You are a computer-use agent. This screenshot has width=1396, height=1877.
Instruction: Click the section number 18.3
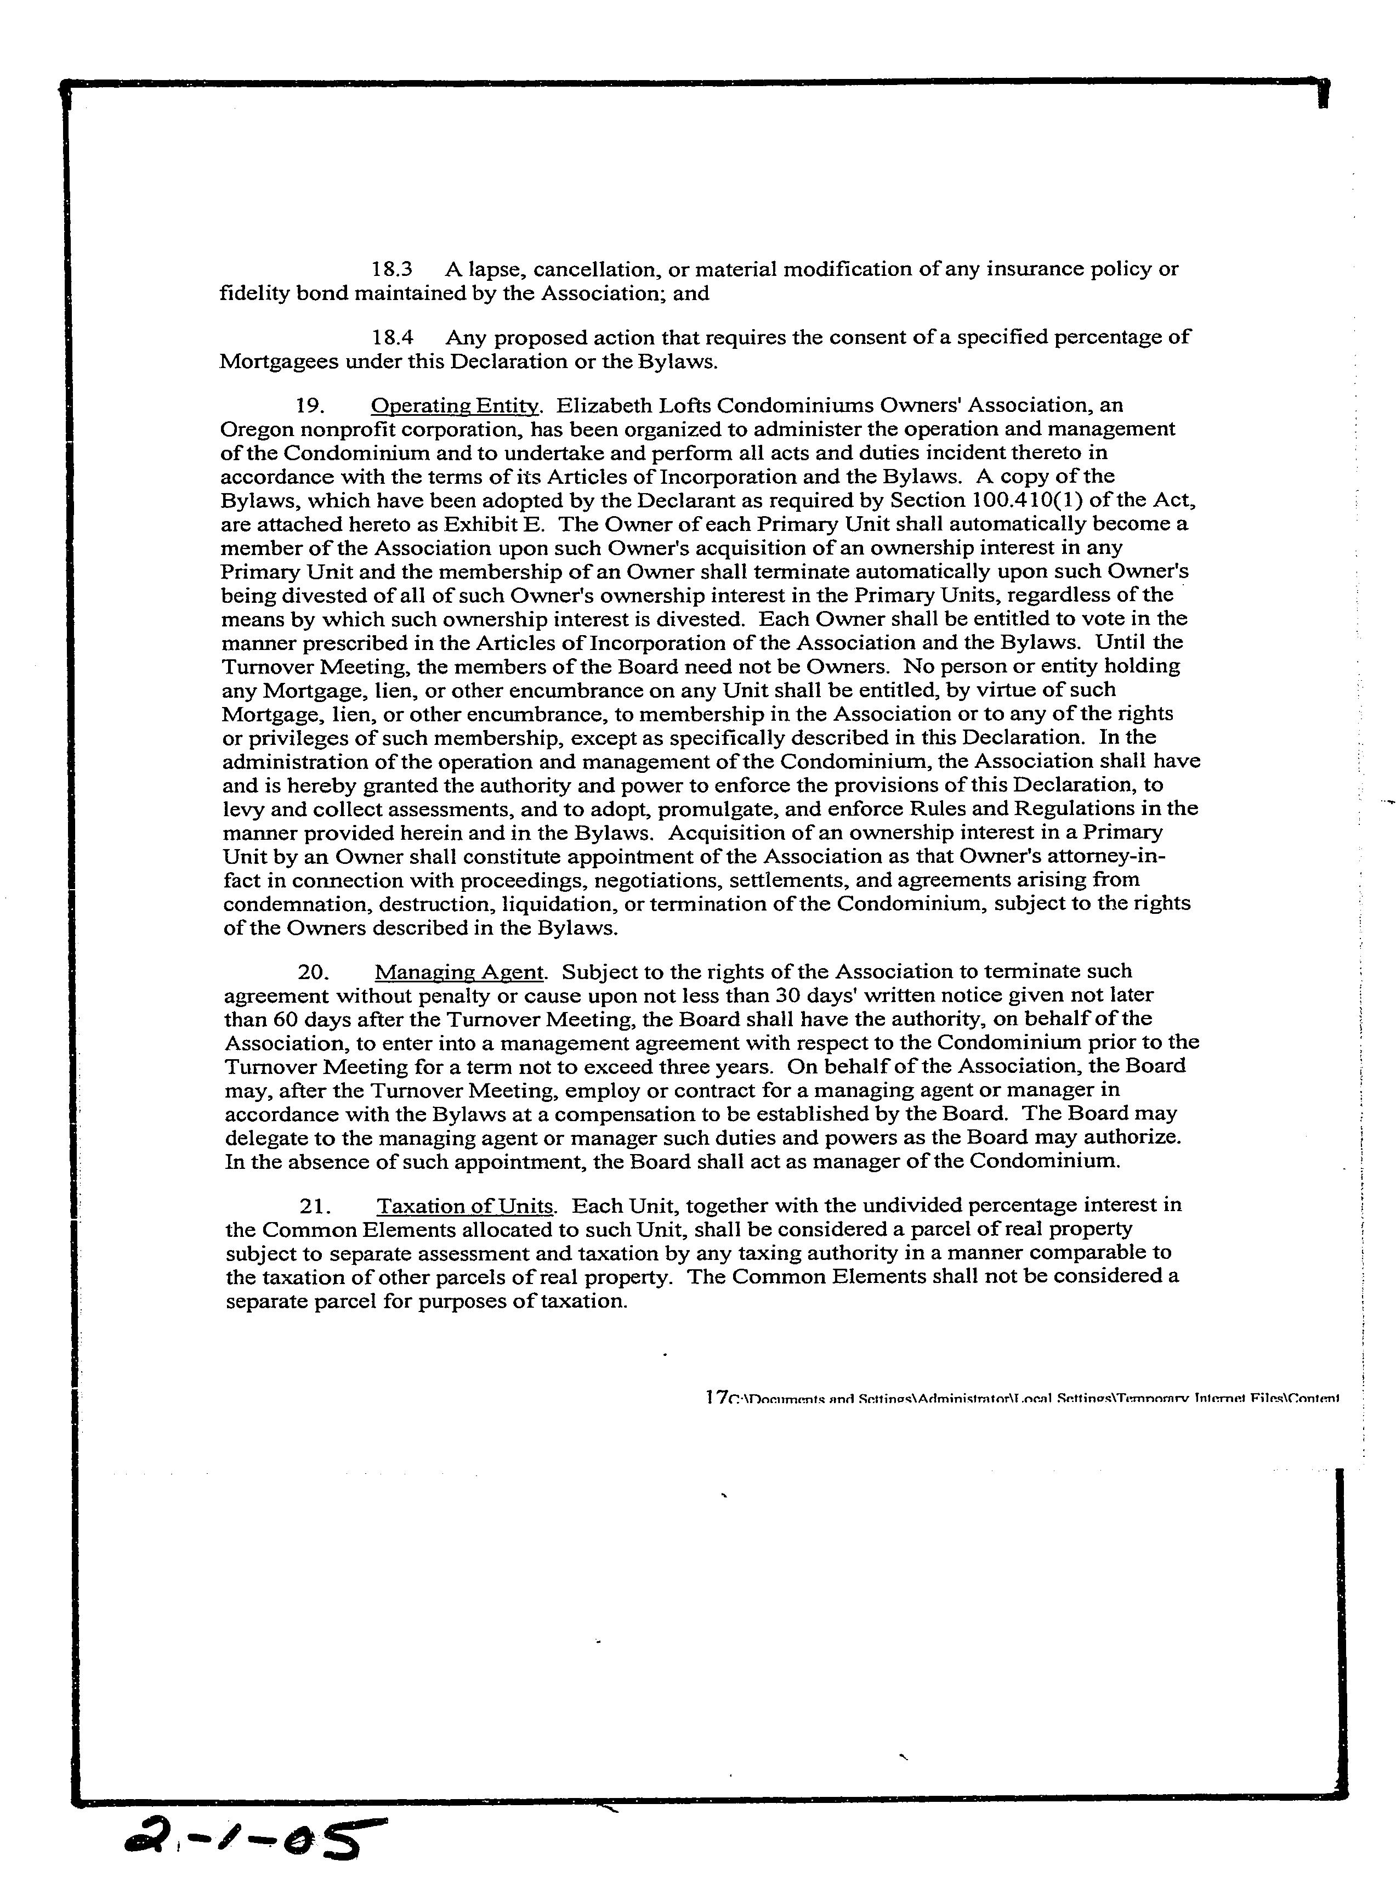tap(391, 269)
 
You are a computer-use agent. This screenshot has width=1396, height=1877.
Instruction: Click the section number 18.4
tap(392, 337)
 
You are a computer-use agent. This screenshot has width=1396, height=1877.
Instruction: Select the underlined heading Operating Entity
tap(454, 406)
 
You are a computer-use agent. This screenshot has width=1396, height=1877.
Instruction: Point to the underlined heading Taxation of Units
tap(466, 1205)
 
